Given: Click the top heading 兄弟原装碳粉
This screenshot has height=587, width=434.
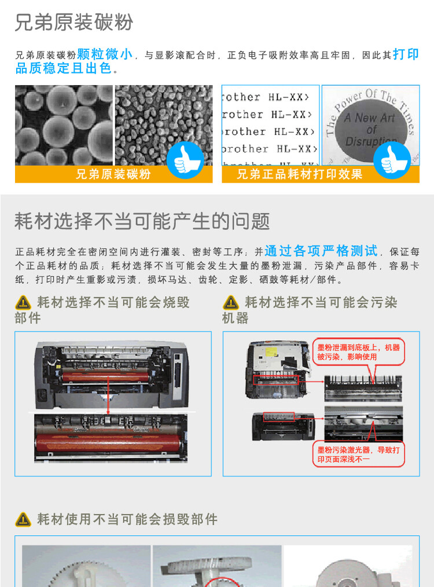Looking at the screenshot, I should (x=73, y=23).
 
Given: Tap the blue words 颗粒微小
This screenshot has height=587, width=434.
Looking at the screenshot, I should (x=105, y=54).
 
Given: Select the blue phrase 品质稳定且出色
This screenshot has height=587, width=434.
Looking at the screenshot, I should (x=64, y=69).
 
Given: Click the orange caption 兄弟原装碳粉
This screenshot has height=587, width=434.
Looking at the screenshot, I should (x=113, y=174).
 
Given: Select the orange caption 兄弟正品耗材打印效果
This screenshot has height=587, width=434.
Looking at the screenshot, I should (x=300, y=174).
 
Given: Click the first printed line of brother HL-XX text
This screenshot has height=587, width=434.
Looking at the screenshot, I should (x=270, y=97).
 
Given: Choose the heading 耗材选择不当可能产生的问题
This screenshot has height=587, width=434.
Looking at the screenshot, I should (x=142, y=221).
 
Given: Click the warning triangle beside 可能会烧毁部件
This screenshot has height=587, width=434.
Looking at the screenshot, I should (x=23, y=302).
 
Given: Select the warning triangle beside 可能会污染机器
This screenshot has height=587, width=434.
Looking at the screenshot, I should (x=231, y=302).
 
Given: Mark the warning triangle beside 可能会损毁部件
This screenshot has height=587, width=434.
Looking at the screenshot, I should (x=23, y=519).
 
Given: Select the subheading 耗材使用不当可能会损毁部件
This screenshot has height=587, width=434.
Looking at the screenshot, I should (x=127, y=519).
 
